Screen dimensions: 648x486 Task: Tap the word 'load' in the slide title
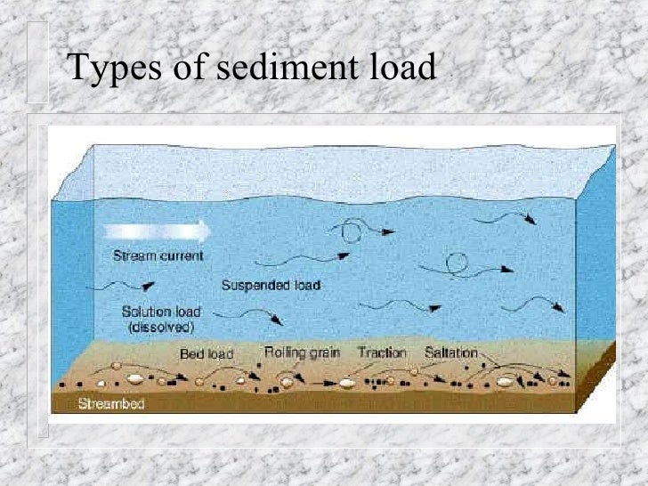pyautogui.click(x=395, y=68)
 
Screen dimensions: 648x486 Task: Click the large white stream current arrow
pyautogui.click(x=157, y=231)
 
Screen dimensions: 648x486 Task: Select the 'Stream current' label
pyautogui.click(x=158, y=256)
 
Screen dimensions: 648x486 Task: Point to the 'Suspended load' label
pyautogui.click(x=271, y=286)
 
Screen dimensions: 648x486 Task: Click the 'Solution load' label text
pyautogui.click(x=161, y=312)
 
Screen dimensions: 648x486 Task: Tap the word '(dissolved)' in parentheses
pyautogui.click(x=161, y=326)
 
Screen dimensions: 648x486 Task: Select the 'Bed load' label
pyautogui.click(x=207, y=353)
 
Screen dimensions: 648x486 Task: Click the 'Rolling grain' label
pyautogui.click(x=303, y=352)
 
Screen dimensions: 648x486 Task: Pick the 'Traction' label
pyautogui.click(x=383, y=352)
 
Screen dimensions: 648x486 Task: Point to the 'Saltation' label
pyautogui.click(x=451, y=352)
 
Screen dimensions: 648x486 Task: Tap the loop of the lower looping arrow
pyautogui.click(x=457, y=263)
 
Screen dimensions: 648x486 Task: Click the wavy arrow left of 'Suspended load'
pyautogui.click(x=125, y=286)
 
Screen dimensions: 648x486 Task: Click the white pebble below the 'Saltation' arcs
pyautogui.click(x=506, y=382)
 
